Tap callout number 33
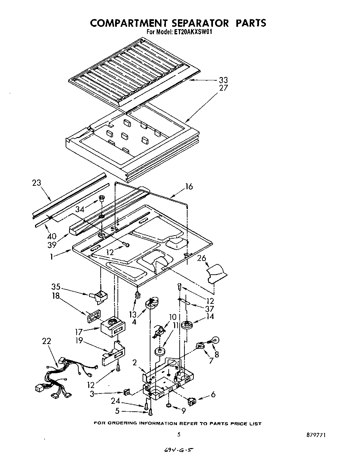click(223, 80)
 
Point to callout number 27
click(223, 88)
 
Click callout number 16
click(189, 186)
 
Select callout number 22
click(46, 341)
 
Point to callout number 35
click(56, 286)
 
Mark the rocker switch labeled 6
click(191, 401)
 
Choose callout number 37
click(209, 308)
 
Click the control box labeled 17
click(111, 329)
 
